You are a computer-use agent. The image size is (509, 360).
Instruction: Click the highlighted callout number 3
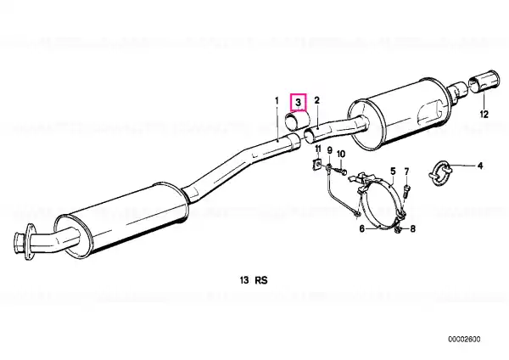[x=299, y=103]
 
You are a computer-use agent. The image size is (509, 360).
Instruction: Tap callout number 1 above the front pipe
[x=277, y=101]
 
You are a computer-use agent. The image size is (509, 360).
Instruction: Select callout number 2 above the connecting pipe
[x=316, y=100]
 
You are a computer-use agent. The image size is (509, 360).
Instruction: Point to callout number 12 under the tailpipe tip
[x=484, y=115]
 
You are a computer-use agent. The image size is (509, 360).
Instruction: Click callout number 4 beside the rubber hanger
[x=480, y=166]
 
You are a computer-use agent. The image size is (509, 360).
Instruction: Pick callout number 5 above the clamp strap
[x=393, y=172]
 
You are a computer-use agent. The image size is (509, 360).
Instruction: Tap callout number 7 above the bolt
[x=406, y=172]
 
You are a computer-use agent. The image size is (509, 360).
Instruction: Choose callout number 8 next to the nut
[x=412, y=229]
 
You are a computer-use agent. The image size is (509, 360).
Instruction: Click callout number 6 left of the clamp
[x=362, y=229]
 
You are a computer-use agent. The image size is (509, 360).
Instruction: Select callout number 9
[x=329, y=150]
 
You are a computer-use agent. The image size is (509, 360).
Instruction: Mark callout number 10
[x=341, y=154]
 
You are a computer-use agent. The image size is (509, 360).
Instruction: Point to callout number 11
[x=318, y=149]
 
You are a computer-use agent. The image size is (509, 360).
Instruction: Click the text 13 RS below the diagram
[x=254, y=280]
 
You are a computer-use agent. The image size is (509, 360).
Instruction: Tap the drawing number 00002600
[x=464, y=340]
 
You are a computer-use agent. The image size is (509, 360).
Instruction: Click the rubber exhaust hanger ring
[x=439, y=173]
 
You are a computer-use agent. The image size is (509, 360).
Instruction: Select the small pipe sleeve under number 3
[x=296, y=121]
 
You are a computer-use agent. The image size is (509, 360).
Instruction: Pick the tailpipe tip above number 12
[x=484, y=82]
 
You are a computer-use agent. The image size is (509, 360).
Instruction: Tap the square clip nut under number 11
[x=317, y=165]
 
